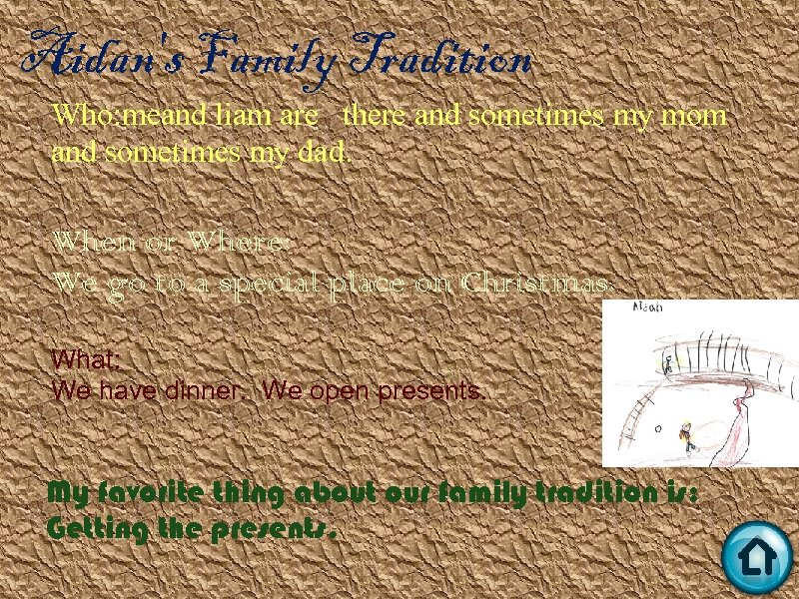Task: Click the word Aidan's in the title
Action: coord(91,57)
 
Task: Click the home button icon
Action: coord(756,558)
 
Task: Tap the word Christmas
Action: coord(536,283)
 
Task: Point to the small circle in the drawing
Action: coord(658,428)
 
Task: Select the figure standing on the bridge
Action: coord(669,364)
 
